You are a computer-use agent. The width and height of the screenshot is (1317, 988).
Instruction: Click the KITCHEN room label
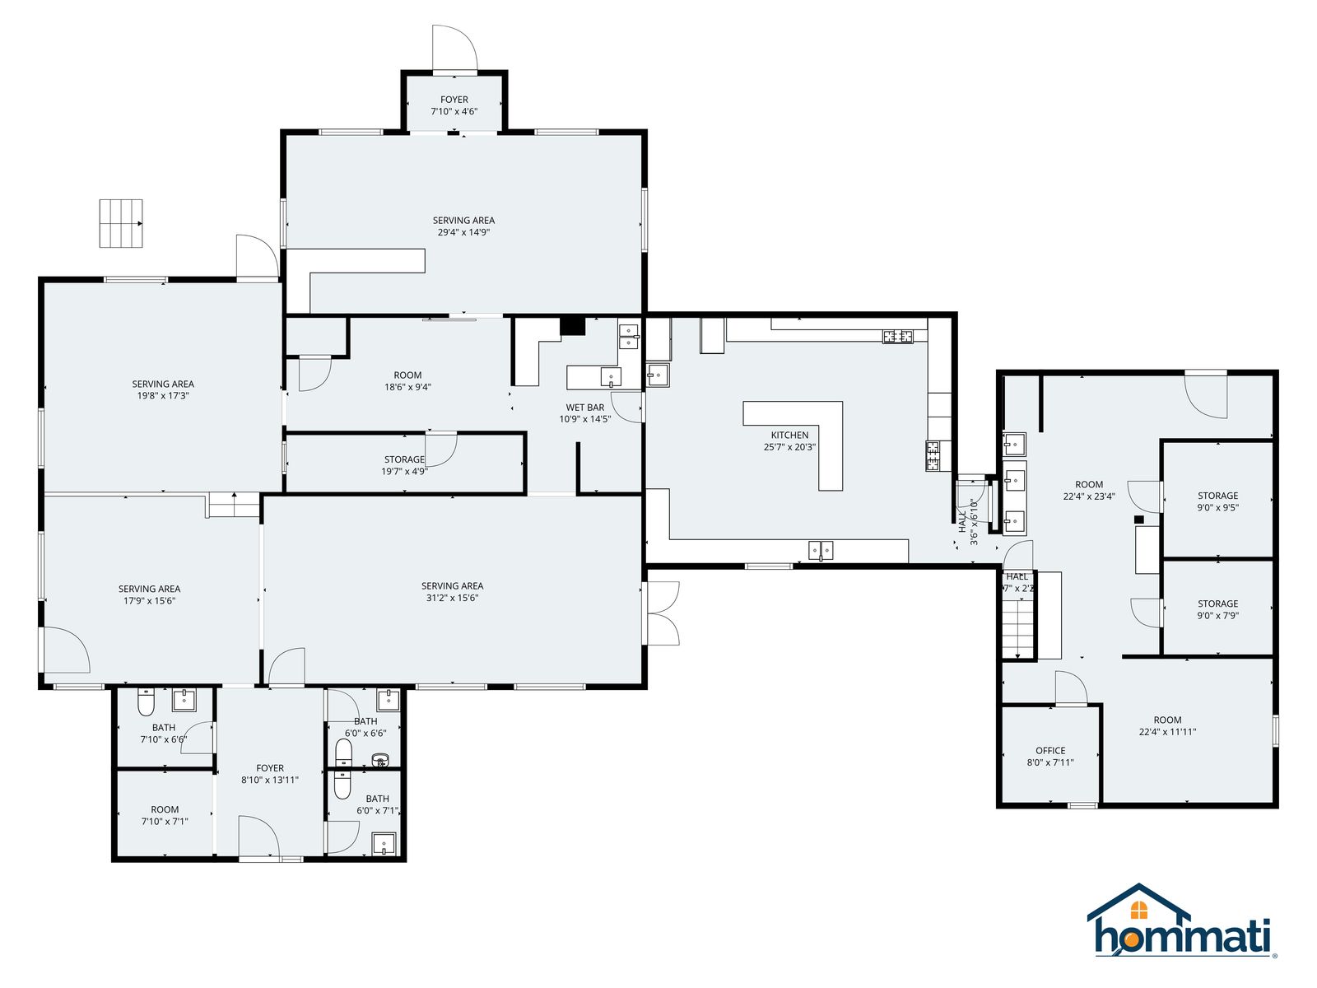pyautogui.click(x=789, y=435)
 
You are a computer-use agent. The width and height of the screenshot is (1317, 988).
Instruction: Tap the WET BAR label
pyautogui.click(x=585, y=408)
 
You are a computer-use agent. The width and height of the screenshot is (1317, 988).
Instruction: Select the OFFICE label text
pyautogui.click(x=1050, y=750)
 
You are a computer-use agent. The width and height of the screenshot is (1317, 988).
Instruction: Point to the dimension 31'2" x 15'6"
pyautogui.click(x=452, y=598)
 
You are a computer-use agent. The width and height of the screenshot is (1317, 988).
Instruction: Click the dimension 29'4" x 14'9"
pyautogui.click(x=463, y=232)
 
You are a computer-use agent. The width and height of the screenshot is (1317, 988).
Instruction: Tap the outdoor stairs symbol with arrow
pyautogui.click(x=121, y=223)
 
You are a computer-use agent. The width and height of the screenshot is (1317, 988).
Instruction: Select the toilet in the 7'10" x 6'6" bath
pyautogui.click(x=146, y=702)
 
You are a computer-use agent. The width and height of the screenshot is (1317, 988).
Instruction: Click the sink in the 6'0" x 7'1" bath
pyautogui.click(x=384, y=843)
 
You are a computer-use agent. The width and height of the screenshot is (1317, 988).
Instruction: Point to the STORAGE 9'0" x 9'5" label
pyautogui.click(x=1217, y=501)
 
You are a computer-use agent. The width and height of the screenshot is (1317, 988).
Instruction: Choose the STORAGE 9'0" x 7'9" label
pyautogui.click(x=1217, y=609)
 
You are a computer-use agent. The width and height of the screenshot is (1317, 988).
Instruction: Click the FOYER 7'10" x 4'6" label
pyautogui.click(x=454, y=105)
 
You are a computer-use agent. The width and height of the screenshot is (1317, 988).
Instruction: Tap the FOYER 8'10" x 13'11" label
pyautogui.click(x=269, y=774)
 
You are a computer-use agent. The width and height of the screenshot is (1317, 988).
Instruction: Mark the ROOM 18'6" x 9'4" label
pyautogui.click(x=407, y=381)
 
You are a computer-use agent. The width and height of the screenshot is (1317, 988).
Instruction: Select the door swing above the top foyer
pyautogui.click(x=454, y=48)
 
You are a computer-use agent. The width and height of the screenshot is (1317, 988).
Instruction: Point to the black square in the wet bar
pyautogui.click(x=572, y=326)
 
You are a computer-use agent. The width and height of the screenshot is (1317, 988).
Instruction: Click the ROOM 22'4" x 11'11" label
pyautogui.click(x=1167, y=726)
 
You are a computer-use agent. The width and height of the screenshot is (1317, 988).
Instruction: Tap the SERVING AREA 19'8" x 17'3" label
pyautogui.click(x=163, y=390)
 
